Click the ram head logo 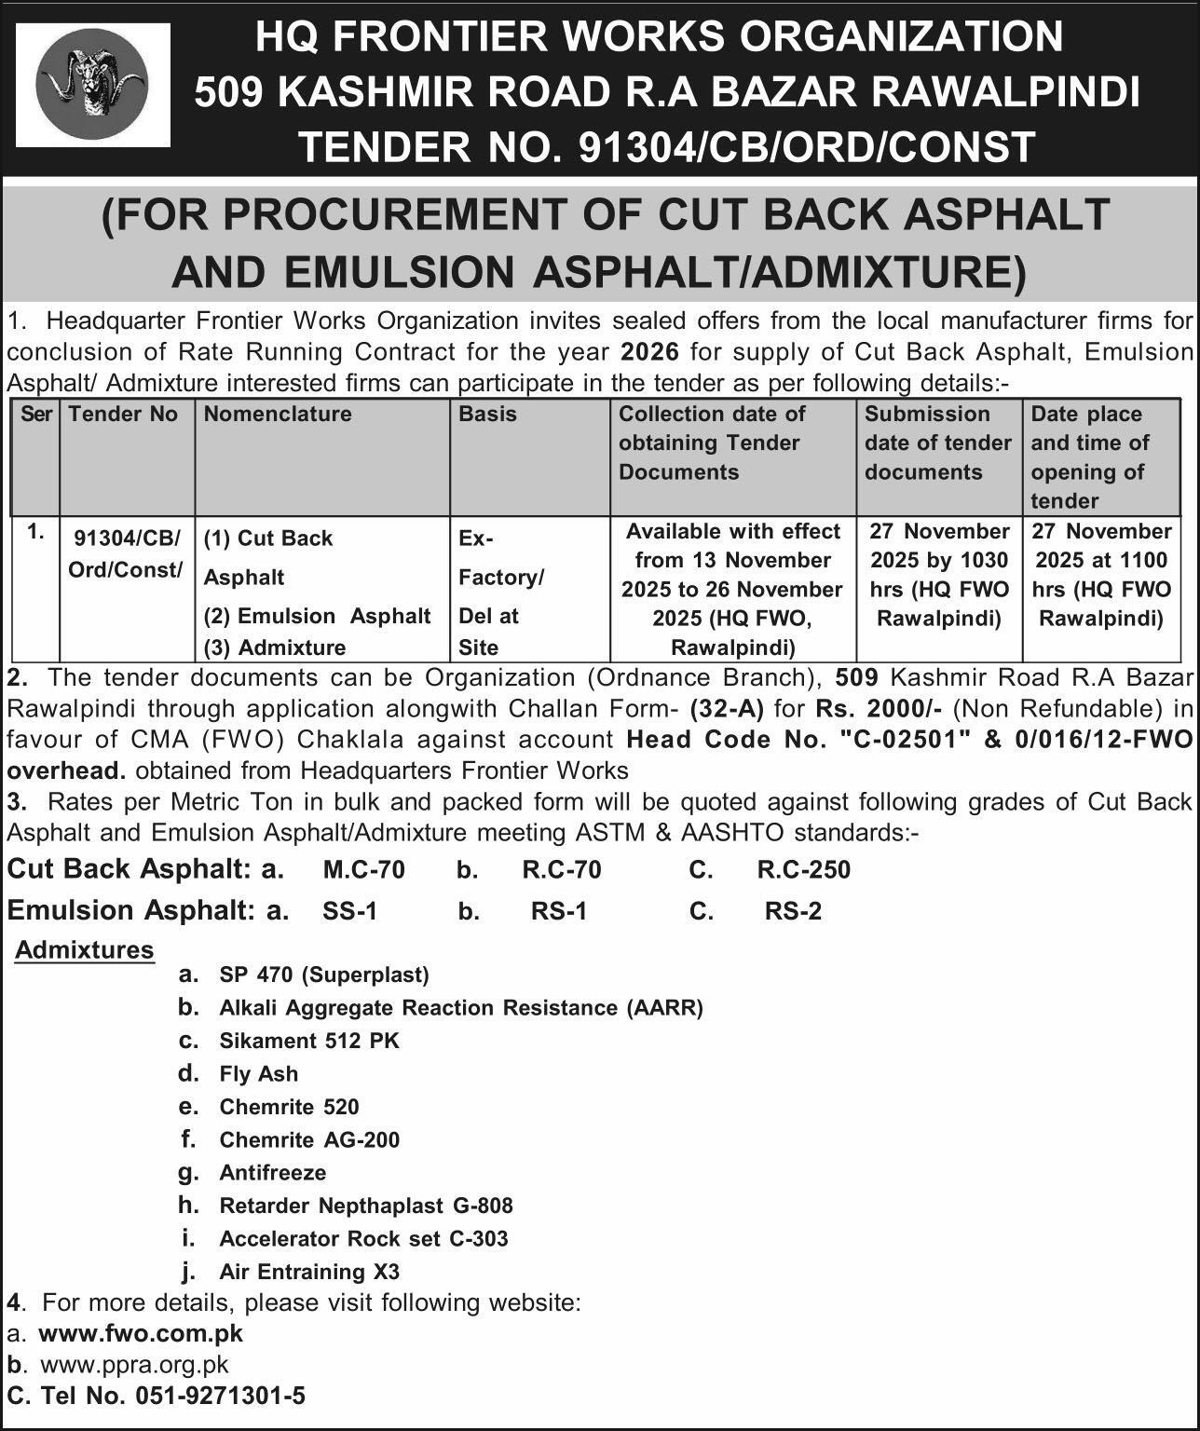pos(92,85)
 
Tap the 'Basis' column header pos(487,414)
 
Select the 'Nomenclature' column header pos(278,414)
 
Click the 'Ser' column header pos(35,414)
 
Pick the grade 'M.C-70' pos(364,870)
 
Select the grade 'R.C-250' pos(803,870)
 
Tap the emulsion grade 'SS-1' pos(350,911)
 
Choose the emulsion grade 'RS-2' pos(793,911)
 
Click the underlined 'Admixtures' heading pos(85,950)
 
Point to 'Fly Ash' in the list pos(259,1074)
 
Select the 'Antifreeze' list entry pos(273,1173)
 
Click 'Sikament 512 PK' pos(309,1041)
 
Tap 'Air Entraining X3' pos(309,1272)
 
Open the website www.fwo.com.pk pos(141,1333)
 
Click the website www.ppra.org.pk pos(133,1365)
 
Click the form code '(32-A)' pos(727,708)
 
